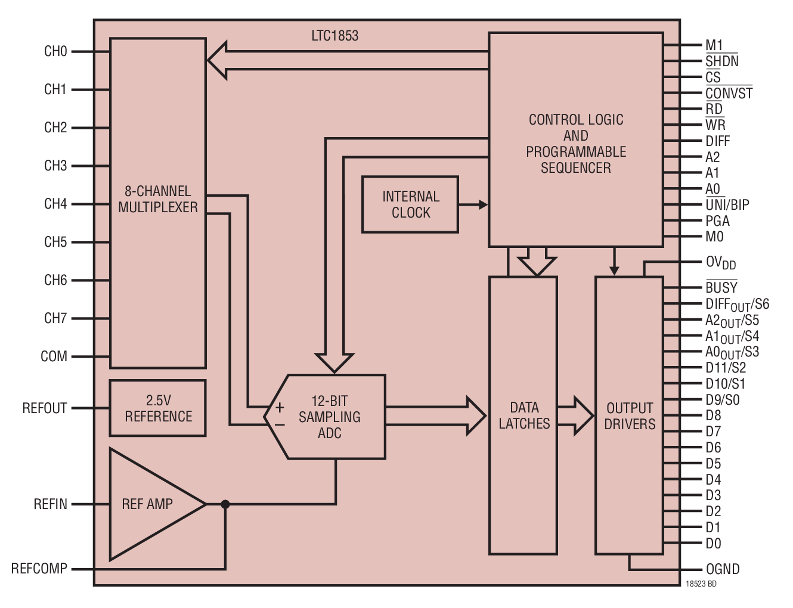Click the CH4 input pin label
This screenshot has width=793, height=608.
[55, 204]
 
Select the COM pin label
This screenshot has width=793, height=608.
[54, 356]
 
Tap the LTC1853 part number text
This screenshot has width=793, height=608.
[334, 36]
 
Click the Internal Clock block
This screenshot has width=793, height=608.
[410, 204]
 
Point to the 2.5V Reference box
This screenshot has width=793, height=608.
[158, 408]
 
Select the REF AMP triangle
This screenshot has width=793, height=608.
[149, 504]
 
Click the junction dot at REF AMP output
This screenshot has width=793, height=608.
[225, 504]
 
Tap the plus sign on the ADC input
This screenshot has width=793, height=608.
[280, 408]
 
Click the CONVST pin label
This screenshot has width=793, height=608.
[729, 94]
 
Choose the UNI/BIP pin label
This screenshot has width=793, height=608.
[727, 205]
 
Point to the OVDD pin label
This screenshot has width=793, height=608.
[720, 262]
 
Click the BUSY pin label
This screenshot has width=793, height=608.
[721, 287]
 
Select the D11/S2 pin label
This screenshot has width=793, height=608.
[726, 368]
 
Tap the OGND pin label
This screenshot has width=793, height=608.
[723, 569]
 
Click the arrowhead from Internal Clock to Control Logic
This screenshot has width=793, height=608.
[482, 204]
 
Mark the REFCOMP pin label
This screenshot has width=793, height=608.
[39, 569]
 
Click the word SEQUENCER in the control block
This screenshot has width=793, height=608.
[575, 168]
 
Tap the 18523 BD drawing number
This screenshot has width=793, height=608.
[701, 584]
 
